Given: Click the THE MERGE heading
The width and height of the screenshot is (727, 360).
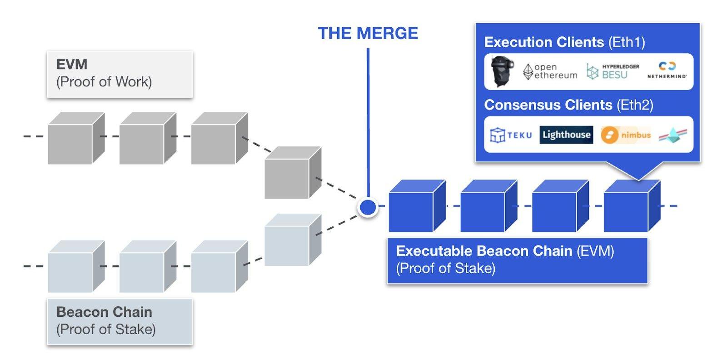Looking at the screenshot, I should (x=368, y=33).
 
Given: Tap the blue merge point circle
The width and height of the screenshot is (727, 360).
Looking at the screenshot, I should (x=368, y=207).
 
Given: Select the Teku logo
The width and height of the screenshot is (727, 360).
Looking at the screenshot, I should (x=511, y=135).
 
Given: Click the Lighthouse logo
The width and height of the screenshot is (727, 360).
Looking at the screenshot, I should (x=566, y=135).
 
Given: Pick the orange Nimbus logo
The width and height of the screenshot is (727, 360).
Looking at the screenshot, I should (x=626, y=135).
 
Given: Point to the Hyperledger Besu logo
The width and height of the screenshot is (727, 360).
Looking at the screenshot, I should (x=612, y=71).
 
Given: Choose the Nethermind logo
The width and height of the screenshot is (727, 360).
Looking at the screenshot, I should (x=667, y=70).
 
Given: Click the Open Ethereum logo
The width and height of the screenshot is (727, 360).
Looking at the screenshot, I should (x=550, y=71).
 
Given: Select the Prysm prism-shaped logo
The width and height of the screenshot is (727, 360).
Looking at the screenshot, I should (x=673, y=135).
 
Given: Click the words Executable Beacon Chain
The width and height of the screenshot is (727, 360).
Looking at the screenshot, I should (x=484, y=251).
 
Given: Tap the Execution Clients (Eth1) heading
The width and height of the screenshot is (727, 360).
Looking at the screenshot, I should (x=564, y=42).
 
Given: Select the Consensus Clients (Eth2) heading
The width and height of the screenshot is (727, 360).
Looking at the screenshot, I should (x=568, y=105).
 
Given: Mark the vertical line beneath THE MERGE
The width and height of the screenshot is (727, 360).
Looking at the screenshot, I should (x=368, y=123).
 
